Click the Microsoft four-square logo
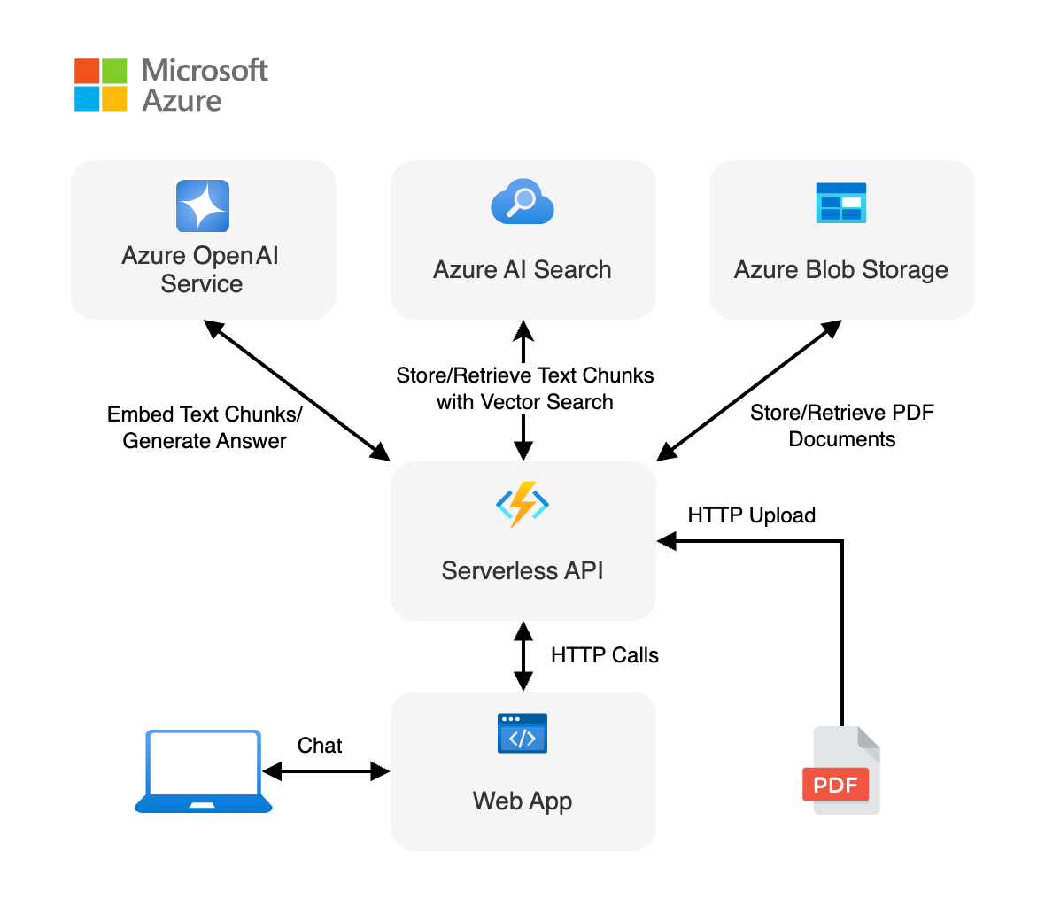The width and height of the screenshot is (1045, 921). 100,85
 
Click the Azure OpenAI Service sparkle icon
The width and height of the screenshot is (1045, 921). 203,205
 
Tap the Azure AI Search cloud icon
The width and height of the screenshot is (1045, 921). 522,202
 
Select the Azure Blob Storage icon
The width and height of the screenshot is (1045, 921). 840,203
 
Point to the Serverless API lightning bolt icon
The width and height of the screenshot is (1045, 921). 522,504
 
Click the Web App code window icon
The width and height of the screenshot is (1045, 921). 522,733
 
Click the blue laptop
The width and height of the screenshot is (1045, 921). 204,770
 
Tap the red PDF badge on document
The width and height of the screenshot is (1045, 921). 835,785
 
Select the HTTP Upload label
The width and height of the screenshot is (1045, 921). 751,515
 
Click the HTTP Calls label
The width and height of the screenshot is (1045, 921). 604,655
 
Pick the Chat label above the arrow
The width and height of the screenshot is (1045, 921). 320,746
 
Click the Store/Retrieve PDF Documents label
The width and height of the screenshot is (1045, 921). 841,426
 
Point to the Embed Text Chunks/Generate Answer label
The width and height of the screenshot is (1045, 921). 205,428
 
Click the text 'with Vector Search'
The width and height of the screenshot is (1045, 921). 524,402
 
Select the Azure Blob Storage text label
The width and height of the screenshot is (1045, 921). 840,270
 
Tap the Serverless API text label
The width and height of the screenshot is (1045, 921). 522,571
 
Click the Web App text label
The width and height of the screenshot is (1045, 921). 522,801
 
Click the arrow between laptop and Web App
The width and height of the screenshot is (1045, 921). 326,772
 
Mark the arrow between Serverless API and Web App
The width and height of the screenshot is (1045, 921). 523,655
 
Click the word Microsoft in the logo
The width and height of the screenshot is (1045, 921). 205,71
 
